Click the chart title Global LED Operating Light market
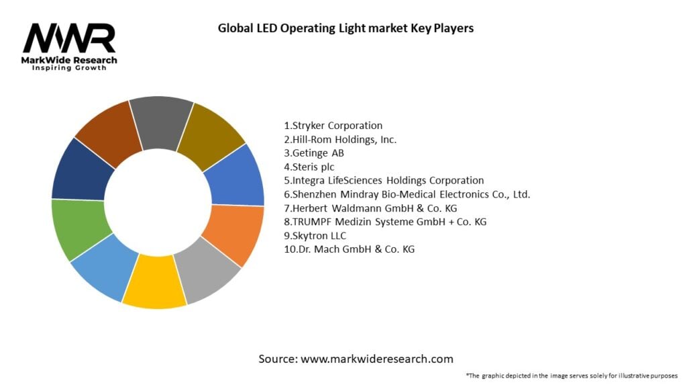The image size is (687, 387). [x=346, y=28]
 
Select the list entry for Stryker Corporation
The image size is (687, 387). [x=333, y=126]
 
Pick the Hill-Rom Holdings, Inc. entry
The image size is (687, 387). [x=340, y=139]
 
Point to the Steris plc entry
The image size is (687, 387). [x=309, y=167]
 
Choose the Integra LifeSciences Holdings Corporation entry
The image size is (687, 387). [x=384, y=180]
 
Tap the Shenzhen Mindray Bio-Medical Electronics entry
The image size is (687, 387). [x=407, y=194]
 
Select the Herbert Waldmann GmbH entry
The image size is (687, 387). [x=370, y=208]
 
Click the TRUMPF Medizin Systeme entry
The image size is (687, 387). [x=385, y=222]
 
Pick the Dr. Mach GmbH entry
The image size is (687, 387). [x=350, y=249]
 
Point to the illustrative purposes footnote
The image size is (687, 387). [x=572, y=376]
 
